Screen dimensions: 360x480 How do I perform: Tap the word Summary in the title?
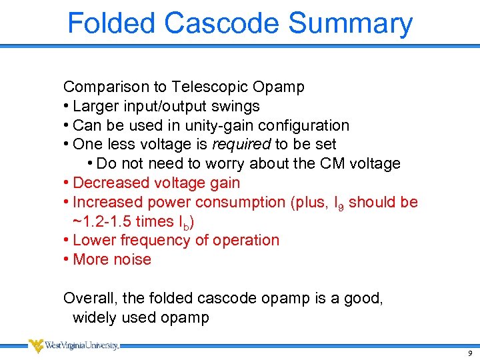point(351,24)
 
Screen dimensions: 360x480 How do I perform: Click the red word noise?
point(133,259)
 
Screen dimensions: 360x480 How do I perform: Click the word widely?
point(93,317)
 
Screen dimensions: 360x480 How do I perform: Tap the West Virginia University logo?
point(73,345)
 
